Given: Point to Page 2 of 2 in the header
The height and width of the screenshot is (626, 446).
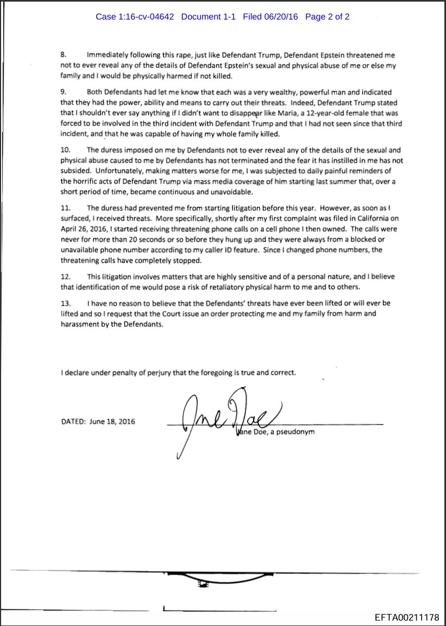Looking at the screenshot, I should click(x=327, y=17).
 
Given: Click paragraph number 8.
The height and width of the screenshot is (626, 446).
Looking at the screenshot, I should click(x=63, y=56).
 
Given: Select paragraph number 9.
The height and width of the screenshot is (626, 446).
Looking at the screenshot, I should click(x=63, y=93).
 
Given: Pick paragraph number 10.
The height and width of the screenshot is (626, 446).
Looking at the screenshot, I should click(x=65, y=150).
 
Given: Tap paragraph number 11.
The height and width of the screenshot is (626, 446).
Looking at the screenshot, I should click(x=65, y=208).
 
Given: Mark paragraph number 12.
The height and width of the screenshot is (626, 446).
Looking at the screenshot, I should click(x=65, y=277).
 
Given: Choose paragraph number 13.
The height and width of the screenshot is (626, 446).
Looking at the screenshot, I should click(x=65, y=303).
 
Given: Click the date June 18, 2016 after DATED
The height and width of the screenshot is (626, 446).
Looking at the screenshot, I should click(x=112, y=421).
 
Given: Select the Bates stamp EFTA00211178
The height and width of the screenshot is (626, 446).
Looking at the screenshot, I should click(x=407, y=617).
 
